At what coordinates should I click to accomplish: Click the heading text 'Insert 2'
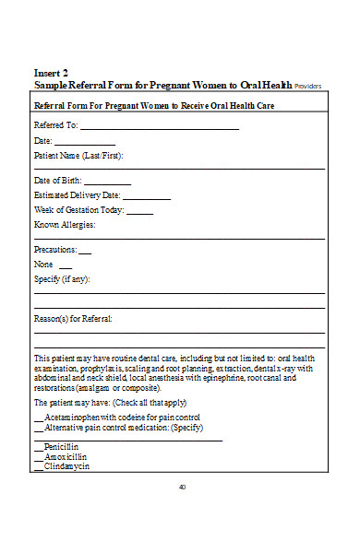click(x=51, y=72)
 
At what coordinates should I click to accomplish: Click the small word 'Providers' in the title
click(x=308, y=85)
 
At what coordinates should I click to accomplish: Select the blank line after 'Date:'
click(x=84, y=144)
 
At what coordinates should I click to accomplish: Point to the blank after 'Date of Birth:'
click(x=107, y=182)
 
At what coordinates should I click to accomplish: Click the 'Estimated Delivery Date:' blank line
click(x=146, y=197)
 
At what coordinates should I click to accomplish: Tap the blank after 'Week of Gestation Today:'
click(x=139, y=212)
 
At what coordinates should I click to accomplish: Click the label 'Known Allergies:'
click(x=65, y=225)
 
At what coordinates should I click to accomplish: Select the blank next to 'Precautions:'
click(x=85, y=252)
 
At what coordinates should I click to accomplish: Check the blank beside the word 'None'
click(x=65, y=265)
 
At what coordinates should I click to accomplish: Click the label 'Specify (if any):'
click(x=62, y=279)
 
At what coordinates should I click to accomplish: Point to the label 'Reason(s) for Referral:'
click(x=73, y=319)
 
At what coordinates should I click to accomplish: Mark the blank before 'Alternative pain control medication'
click(x=38, y=429)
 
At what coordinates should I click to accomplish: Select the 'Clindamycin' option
click(x=66, y=466)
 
